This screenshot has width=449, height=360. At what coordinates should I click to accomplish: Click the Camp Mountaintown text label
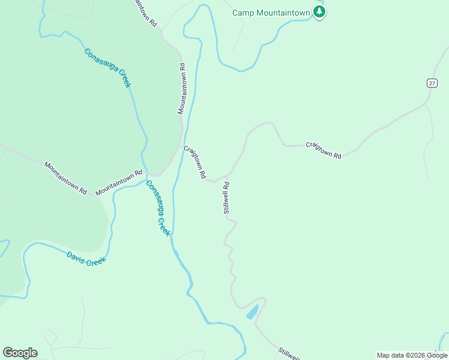pyautogui.click(x=271, y=12)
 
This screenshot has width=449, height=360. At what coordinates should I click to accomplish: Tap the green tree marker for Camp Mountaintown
pyautogui.click(x=319, y=12)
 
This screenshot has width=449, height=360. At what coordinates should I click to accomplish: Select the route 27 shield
pyautogui.click(x=432, y=83)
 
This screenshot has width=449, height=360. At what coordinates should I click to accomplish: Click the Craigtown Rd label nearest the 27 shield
pyautogui.click(x=324, y=150)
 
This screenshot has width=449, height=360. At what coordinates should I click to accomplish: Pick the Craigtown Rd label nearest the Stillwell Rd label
pyautogui.click(x=195, y=163)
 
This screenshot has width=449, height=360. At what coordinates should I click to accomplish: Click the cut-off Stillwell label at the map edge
pyautogui.click(x=289, y=354)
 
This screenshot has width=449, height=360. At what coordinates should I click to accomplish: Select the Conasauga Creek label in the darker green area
pyautogui.click(x=107, y=68)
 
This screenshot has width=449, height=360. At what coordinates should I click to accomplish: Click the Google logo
pyautogui.click(x=20, y=353)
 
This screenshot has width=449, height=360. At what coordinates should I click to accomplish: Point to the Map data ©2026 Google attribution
pyautogui.click(x=411, y=355)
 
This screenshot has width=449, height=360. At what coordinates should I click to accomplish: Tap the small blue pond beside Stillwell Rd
pyautogui.click(x=252, y=311)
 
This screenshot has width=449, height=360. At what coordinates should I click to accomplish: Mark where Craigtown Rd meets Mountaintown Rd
pyautogui.click(x=181, y=144)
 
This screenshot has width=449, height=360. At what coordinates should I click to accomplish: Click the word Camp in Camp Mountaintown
pyautogui.click(x=243, y=12)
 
